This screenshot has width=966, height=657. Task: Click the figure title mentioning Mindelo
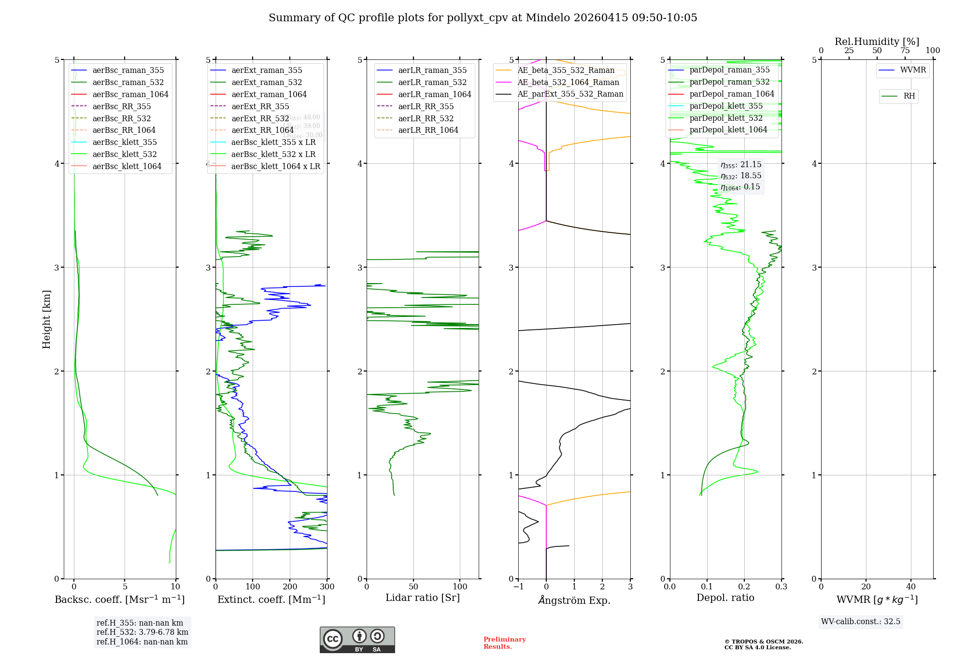click(483, 18)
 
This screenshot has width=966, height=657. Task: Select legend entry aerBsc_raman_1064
click(130, 94)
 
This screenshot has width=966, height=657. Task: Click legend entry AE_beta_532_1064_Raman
click(568, 82)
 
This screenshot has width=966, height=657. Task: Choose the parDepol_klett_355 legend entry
click(726, 106)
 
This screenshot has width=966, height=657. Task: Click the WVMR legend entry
click(913, 70)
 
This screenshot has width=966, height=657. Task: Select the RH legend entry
click(909, 96)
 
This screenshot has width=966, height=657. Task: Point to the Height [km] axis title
click(46, 319)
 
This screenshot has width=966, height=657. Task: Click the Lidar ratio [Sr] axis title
click(423, 598)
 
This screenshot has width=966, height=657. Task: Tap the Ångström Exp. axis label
click(574, 600)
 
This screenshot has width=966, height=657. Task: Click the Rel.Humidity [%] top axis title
click(877, 42)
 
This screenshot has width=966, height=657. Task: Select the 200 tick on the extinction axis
click(290, 587)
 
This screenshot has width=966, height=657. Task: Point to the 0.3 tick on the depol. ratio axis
click(781, 587)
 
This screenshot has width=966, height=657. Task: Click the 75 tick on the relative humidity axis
click(905, 51)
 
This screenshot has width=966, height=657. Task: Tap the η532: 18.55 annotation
click(741, 175)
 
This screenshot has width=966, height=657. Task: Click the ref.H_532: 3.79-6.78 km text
click(142, 632)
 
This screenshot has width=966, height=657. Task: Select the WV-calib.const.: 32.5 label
click(861, 621)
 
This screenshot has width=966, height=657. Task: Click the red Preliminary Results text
click(504, 643)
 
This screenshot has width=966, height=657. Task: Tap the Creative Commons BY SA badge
click(357, 640)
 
